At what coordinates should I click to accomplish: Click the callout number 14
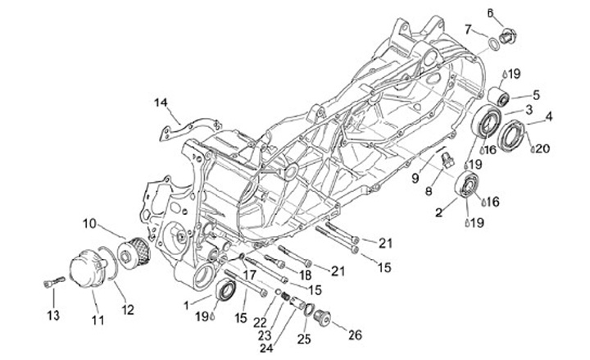(161, 102)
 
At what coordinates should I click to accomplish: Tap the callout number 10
(89, 223)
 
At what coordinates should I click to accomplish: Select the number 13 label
(52, 315)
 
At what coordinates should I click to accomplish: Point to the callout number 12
(127, 308)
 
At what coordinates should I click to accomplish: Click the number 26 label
(354, 334)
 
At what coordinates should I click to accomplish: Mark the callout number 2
(439, 212)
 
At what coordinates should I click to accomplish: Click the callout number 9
(415, 178)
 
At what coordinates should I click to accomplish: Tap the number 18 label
(306, 274)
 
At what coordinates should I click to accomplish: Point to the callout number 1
(188, 304)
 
